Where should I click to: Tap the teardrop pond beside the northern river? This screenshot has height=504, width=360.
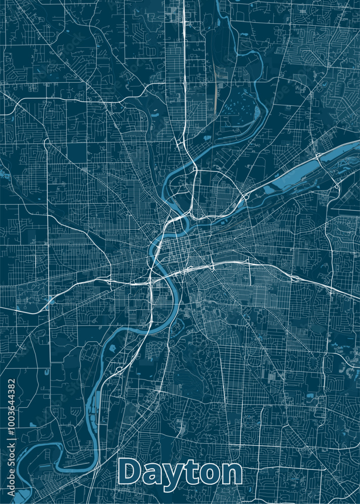(x=206, y=137)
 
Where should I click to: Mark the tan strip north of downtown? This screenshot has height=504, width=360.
(x=216, y=93)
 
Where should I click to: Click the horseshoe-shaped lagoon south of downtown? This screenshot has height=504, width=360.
(x=176, y=328)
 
